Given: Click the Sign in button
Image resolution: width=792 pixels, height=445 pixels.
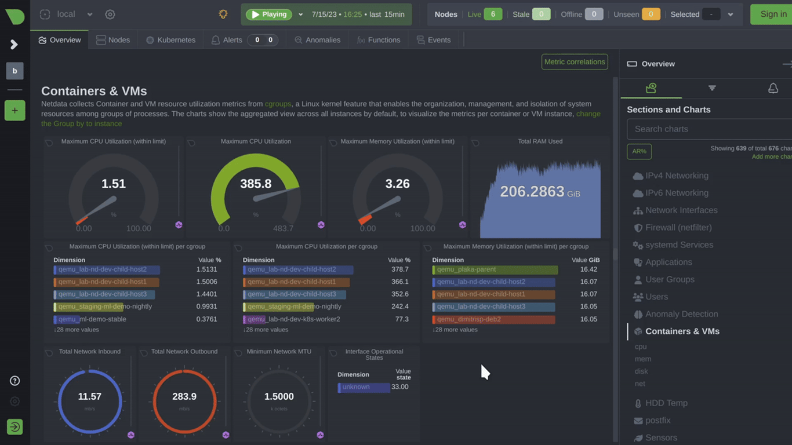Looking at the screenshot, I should click(x=773, y=14).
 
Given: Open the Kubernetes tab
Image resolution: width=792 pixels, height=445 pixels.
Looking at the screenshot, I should click(x=170, y=40).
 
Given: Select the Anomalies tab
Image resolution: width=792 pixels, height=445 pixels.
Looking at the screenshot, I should click(x=317, y=40).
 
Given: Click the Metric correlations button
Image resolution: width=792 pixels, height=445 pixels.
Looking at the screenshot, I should click(x=574, y=62).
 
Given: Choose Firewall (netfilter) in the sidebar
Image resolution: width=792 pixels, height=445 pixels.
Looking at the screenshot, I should click(x=678, y=228).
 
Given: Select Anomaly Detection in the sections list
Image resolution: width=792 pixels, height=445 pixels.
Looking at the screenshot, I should click(x=681, y=314).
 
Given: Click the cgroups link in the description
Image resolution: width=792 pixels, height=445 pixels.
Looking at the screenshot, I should click(x=278, y=104).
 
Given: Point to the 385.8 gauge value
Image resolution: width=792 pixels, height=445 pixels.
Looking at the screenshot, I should click(x=256, y=184).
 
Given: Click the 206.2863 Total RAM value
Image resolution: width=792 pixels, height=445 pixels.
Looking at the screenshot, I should click(x=532, y=192).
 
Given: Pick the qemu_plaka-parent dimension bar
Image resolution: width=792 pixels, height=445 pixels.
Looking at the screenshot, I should click(x=495, y=269).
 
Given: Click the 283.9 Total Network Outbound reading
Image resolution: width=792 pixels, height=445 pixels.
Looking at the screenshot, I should click(x=184, y=397).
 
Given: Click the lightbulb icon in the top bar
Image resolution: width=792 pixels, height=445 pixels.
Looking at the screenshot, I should click(x=223, y=14).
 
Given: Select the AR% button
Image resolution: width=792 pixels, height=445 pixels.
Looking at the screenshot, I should click(x=639, y=151).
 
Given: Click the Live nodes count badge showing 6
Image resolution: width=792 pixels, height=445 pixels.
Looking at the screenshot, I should click(x=492, y=14).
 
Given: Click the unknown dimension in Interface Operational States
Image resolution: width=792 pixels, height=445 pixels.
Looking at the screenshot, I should click(x=364, y=387).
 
